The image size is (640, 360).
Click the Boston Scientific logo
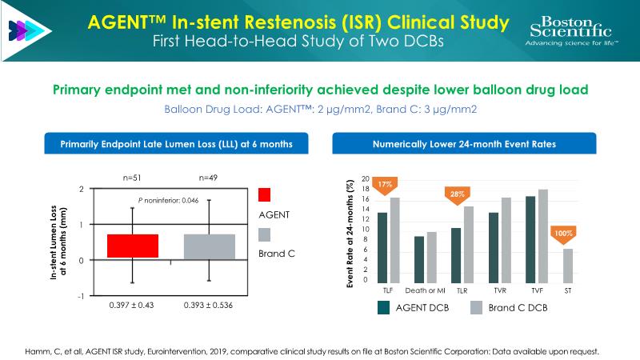point(574,30)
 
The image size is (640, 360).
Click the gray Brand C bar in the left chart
point(210,246)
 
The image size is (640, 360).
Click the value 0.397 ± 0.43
point(132,305)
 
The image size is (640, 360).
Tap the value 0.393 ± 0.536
point(210,305)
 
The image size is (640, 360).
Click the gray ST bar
point(569,262)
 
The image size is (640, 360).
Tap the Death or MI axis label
point(424,290)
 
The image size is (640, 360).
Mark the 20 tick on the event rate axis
point(366,178)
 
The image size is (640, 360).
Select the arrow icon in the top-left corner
point(22,30)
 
